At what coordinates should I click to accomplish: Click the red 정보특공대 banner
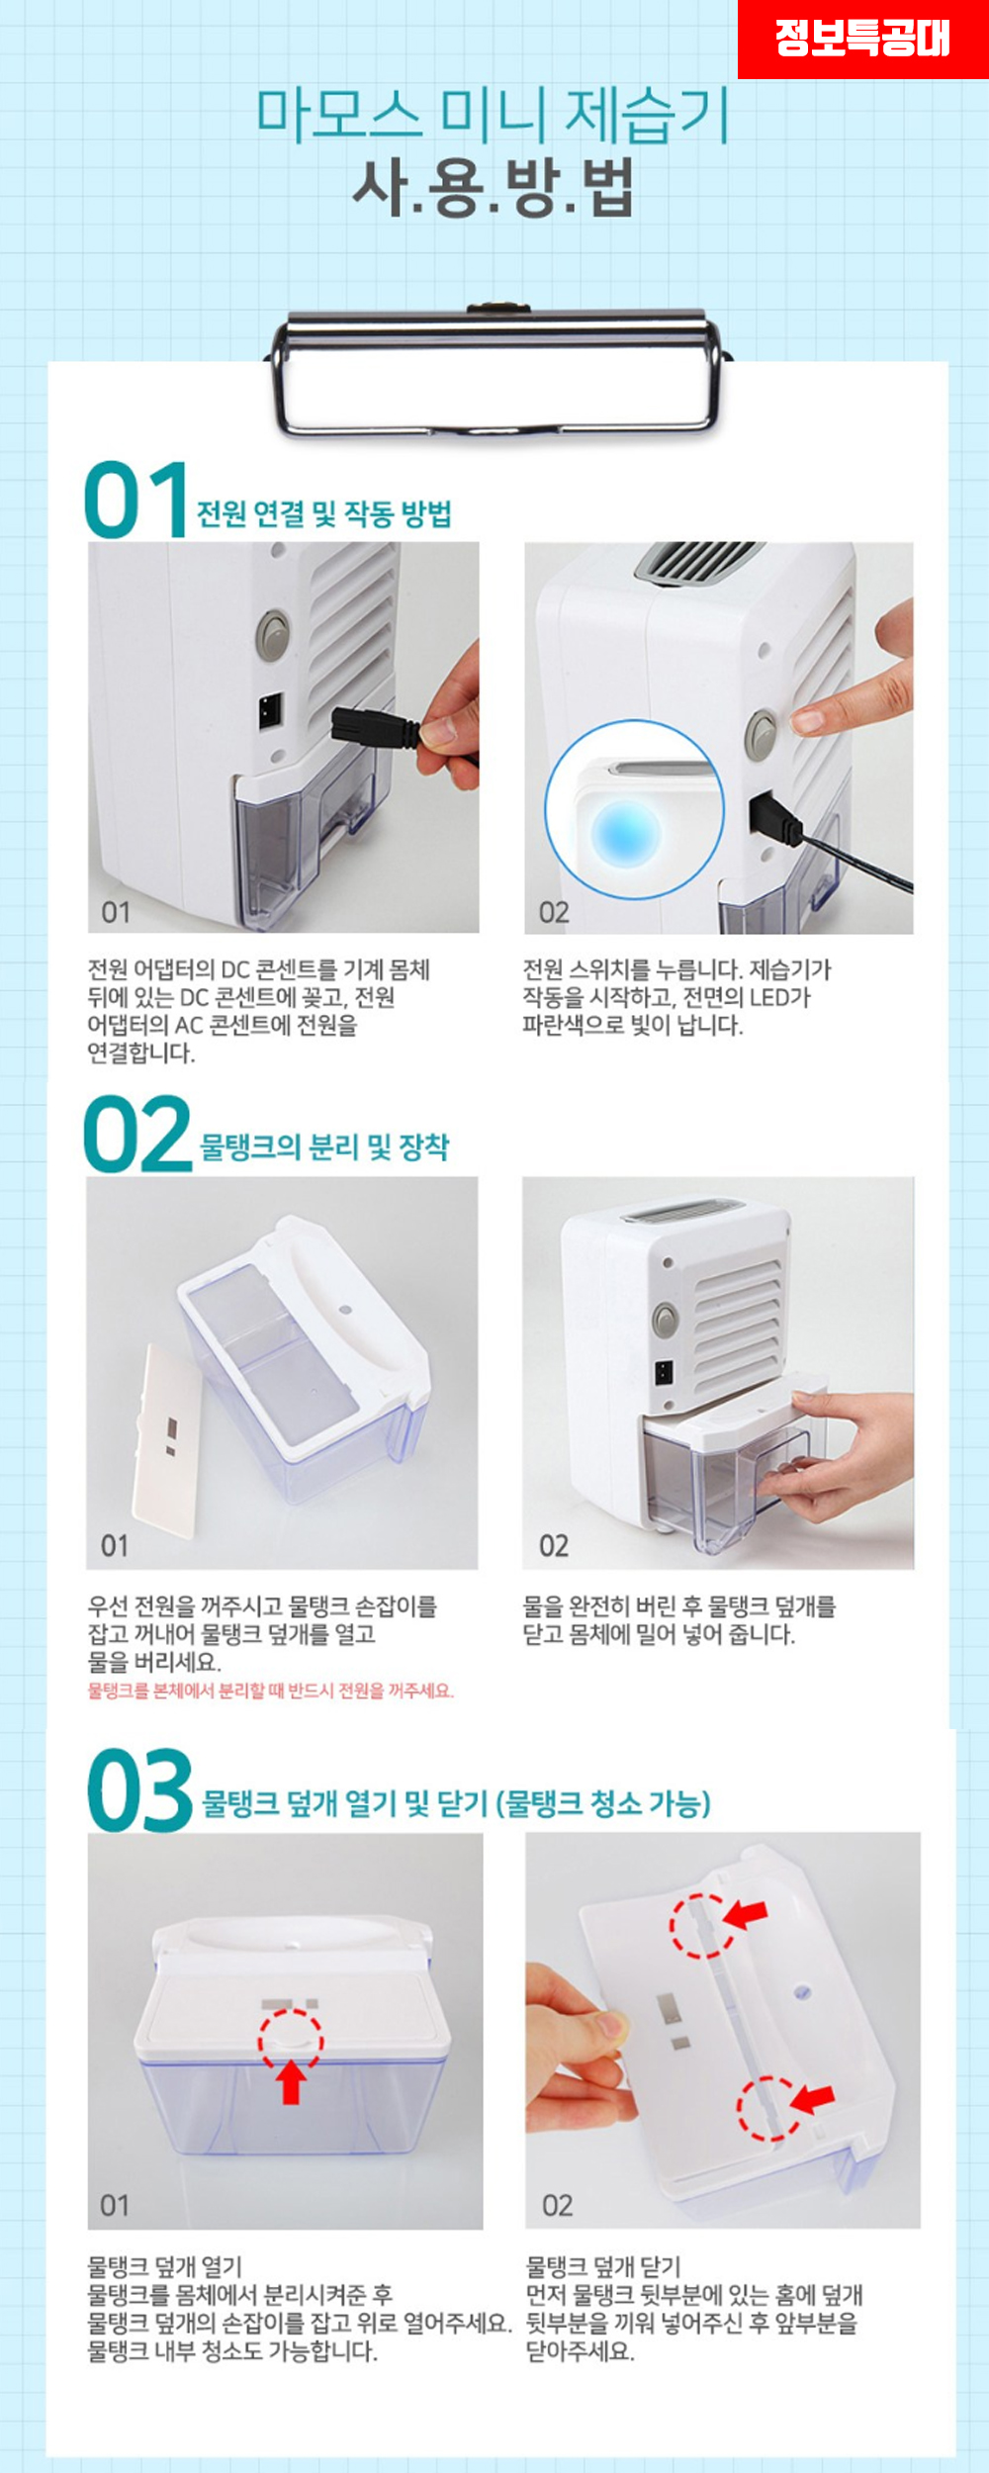(862, 39)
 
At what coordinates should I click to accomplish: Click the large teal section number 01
(136, 500)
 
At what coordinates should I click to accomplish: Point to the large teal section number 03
(139, 1790)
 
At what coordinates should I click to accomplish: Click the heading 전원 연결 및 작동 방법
(324, 514)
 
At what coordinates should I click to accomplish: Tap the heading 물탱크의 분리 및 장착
(324, 1147)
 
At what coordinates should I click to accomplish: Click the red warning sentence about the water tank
(270, 1691)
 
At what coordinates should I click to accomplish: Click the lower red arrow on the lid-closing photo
(812, 2096)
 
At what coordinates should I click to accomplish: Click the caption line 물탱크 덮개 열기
(165, 2266)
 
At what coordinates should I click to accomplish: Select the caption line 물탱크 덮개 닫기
(603, 2266)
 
